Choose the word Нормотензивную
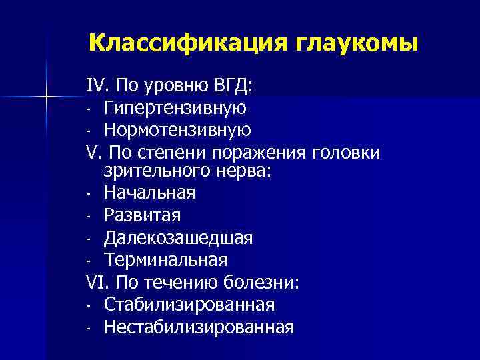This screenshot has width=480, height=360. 178,129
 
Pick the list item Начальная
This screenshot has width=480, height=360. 150,193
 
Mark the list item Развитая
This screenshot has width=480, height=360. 143,215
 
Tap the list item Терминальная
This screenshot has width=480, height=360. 166,259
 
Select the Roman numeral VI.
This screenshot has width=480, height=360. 95,281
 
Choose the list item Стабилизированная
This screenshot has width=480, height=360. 189,304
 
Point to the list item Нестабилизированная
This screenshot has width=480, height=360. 199,327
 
